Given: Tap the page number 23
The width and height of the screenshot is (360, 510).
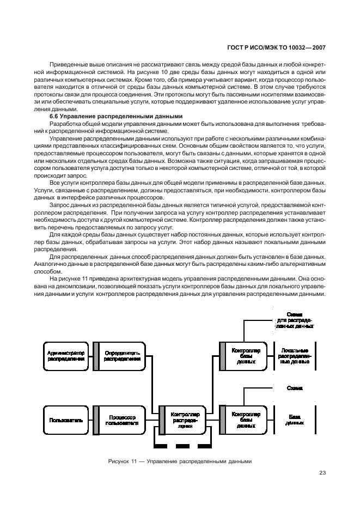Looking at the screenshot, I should click(x=322, y=474).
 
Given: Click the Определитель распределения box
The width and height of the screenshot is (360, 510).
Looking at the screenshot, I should click(x=118, y=355).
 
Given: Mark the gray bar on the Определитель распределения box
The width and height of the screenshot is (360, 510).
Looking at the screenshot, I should click(x=95, y=355).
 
